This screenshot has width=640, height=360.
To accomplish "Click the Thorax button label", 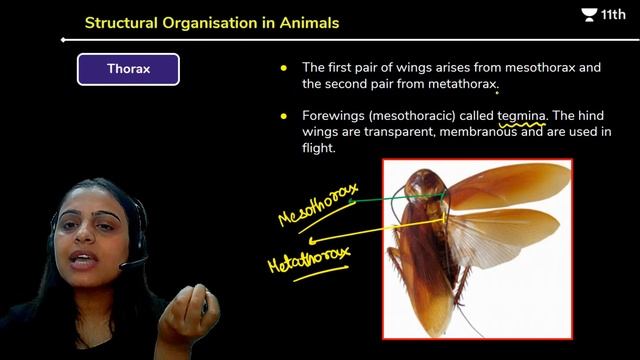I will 128,70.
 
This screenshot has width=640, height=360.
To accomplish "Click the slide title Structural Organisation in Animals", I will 211,21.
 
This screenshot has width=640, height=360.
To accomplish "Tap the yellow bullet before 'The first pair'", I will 284,68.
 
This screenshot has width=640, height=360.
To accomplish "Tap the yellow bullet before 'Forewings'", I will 284,117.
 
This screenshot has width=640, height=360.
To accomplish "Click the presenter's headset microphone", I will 126,266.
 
